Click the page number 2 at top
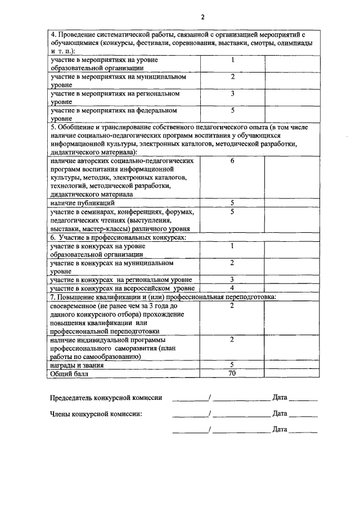(x=186, y=16)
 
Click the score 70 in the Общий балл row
(x=232, y=373)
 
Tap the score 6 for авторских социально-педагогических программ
(x=232, y=161)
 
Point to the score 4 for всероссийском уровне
(x=232, y=288)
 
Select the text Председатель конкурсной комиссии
(x=106, y=398)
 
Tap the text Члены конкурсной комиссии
(x=96, y=414)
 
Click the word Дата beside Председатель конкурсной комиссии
(x=280, y=398)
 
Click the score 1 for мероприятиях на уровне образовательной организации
(x=232, y=60)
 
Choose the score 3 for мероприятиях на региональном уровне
(x=232, y=93)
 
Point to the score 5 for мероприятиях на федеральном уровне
(x=232, y=110)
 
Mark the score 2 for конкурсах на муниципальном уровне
(x=232, y=263)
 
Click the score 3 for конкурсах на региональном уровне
(x=232, y=280)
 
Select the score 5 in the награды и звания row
(x=232, y=364)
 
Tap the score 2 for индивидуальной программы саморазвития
(x=232, y=340)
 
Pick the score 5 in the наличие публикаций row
(x=232, y=202)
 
